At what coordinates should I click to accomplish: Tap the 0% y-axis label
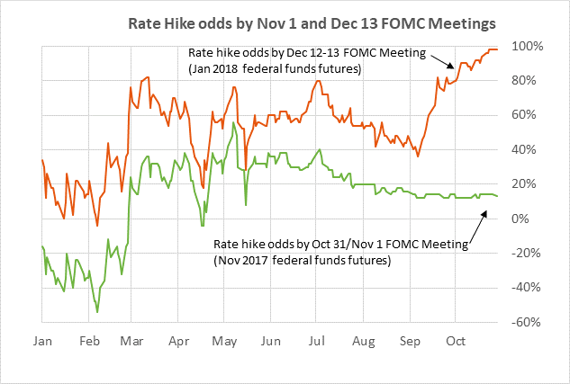(531, 219)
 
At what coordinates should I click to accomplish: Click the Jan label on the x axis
(43, 343)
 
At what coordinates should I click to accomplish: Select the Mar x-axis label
(132, 343)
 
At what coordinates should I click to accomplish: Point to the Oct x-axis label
(456, 343)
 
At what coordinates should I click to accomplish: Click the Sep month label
(410, 343)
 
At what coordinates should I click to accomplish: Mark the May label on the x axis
(224, 343)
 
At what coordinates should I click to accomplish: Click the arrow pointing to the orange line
(440, 61)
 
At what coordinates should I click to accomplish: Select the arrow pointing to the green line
(477, 225)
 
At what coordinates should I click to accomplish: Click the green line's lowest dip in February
(97, 311)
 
